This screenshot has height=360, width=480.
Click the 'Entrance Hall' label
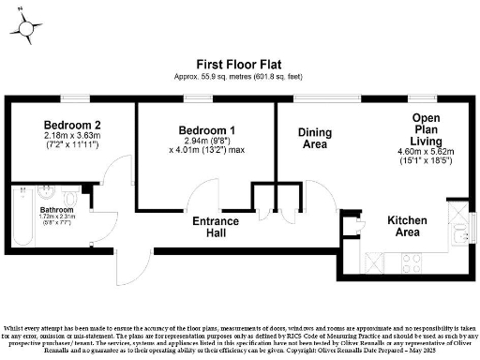point(215,226)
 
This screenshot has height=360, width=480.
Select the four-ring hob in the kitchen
point(410,256)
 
